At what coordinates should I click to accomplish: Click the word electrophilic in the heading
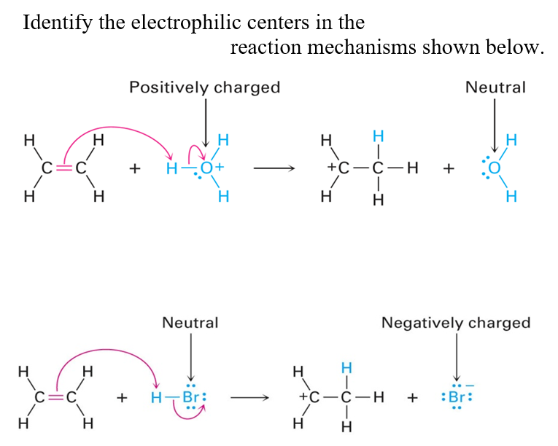click(x=177, y=22)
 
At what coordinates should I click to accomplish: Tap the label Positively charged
click(x=204, y=87)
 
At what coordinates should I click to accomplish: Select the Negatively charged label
click(x=456, y=322)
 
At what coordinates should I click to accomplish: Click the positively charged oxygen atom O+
click(x=209, y=168)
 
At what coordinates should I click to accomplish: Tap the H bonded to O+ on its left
click(x=172, y=168)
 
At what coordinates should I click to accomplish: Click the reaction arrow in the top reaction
click(x=274, y=168)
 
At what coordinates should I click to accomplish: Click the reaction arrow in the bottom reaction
click(x=252, y=398)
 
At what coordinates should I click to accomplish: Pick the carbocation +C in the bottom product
click(x=311, y=398)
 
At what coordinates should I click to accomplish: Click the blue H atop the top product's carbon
click(x=377, y=136)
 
